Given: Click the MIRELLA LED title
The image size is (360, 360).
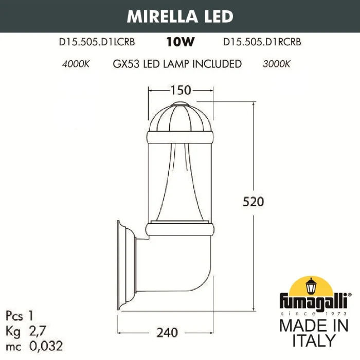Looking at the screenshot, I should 179,15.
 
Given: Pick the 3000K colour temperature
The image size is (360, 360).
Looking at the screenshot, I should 277,64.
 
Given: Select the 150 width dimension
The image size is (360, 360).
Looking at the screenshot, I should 181,91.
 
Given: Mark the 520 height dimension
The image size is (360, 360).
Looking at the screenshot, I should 253,202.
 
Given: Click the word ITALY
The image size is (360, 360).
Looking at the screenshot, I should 314,340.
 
